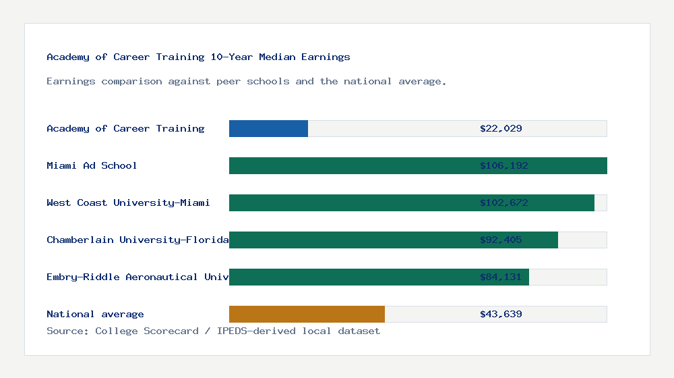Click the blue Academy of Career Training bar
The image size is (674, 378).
point(268,128)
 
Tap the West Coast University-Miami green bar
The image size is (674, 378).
point(350,202)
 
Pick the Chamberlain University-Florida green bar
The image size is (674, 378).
point(350,240)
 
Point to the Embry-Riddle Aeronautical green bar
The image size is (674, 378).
point(350,277)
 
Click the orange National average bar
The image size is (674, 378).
point(307,314)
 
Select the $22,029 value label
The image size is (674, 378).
point(501,128)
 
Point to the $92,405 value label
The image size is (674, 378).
point(501,240)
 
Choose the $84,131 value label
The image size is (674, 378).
point(501,277)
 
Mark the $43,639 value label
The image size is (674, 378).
point(501,314)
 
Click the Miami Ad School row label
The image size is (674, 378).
point(92,165)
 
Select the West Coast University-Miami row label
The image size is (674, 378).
point(128,202)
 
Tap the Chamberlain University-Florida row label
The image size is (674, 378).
point(137,240)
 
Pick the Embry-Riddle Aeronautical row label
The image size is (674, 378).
point(137,277)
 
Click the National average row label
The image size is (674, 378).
point(95,314)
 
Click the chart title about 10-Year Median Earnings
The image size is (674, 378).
point(198,57)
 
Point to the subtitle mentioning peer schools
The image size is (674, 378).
point(247,81)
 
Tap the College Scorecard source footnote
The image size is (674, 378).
point(213,331)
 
